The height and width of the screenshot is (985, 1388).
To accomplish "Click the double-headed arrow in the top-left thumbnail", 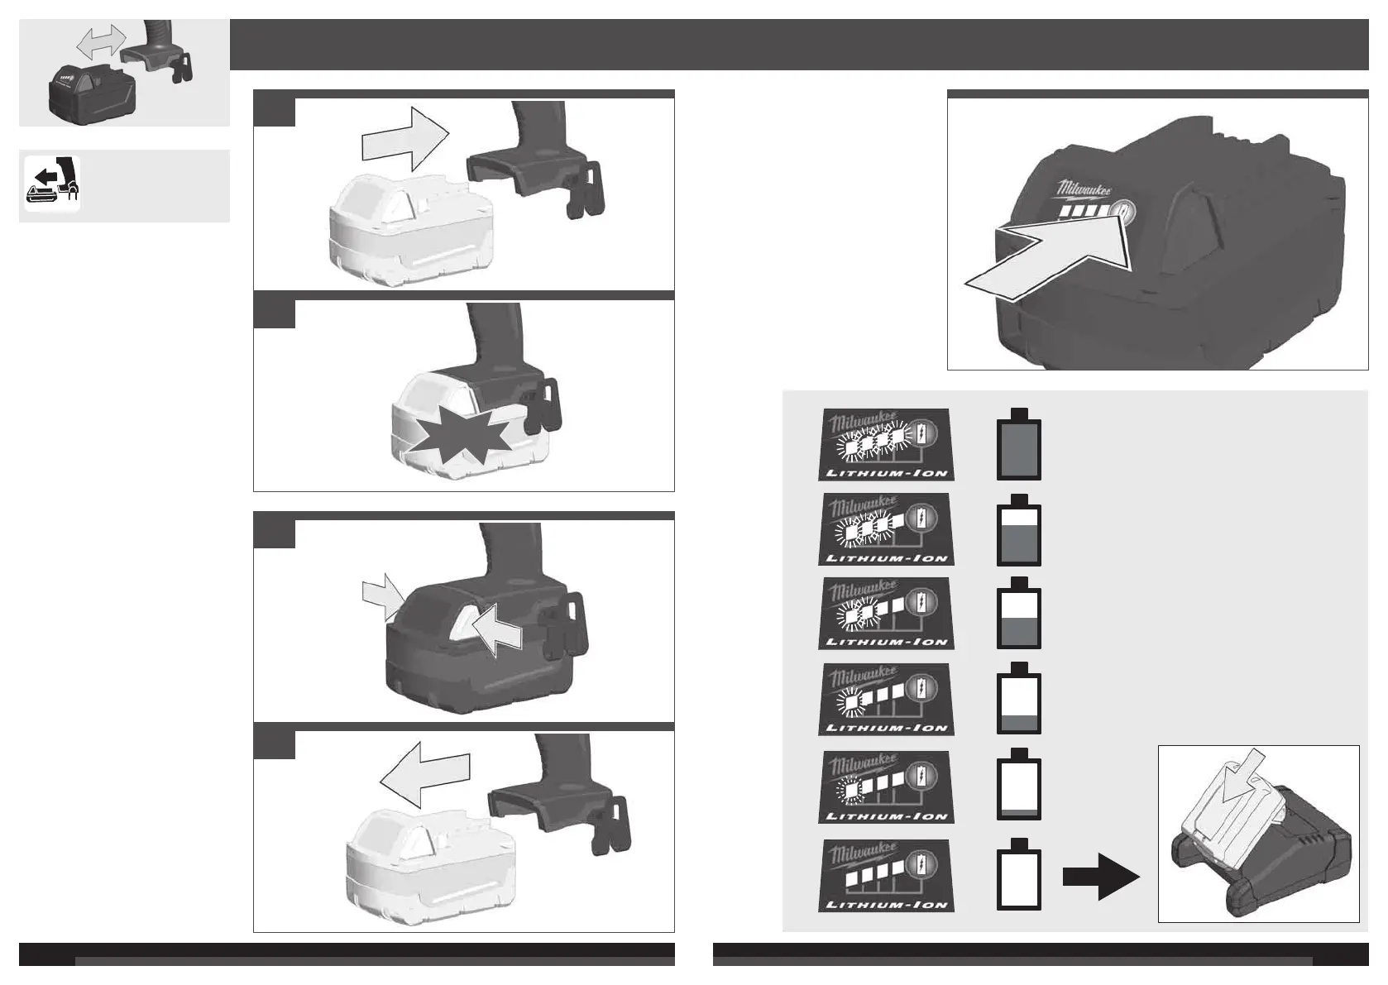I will [101, 40].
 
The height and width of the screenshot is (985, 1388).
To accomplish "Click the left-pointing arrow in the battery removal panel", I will [424, 773].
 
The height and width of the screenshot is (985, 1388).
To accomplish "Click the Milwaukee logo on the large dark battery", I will [1084, 191].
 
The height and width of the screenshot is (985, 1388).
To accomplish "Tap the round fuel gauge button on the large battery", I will [1122, 213].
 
